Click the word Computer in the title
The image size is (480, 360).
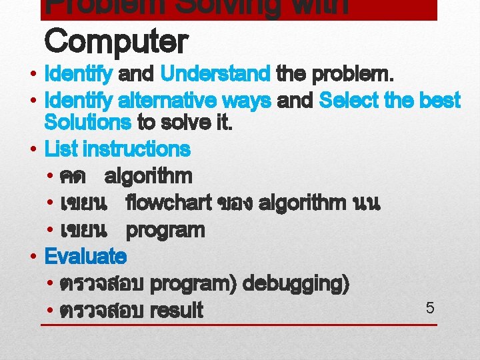pyautogui.click(x=115, y=42)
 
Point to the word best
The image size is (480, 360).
pyautogui.click(x=439, y=101)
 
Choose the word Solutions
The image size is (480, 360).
pyautogui.click(x=87, y=123)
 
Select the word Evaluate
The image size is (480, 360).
pyautogui.click(x=85, y=256)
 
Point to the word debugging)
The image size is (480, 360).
pyautogui.click(x=296, y=284)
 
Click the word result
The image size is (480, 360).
pyautogui.click(x=177, y=311)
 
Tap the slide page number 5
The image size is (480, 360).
pyautogui.click(x=429, y=308)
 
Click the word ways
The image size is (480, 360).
pyautogui.click(x=247, y=101)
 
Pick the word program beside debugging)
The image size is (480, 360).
pyautogui.click(x=193, y=284)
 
